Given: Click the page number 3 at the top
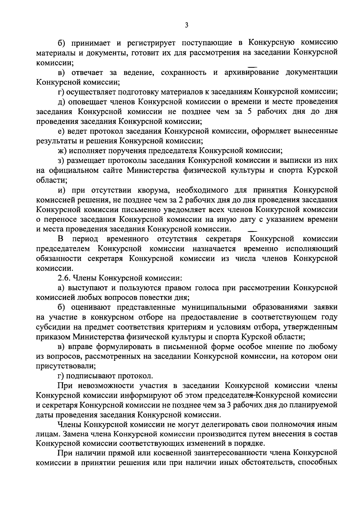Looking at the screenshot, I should pos(186,26).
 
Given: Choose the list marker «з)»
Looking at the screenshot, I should pos(62,160).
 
